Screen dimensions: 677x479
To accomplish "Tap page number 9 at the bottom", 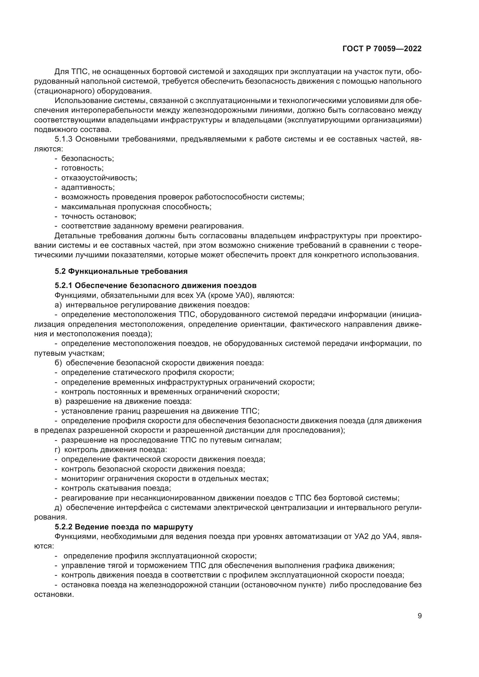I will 419,616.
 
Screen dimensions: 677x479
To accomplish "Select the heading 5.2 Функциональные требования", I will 121,271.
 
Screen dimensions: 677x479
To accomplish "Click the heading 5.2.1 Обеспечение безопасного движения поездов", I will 156,285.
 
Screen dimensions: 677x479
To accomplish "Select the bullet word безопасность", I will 87,159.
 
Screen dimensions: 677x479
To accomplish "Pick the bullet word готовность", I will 82,168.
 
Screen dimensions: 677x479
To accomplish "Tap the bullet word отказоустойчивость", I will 99,178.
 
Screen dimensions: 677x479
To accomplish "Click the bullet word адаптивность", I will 88,188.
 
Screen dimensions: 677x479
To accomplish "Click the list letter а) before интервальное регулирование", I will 58,305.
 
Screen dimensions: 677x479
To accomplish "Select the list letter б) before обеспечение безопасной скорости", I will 58,363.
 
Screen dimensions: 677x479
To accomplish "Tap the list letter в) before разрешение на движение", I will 58,402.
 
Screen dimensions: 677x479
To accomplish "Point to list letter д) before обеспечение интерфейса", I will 58,507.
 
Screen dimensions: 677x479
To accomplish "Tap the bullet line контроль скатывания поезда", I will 116,488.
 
